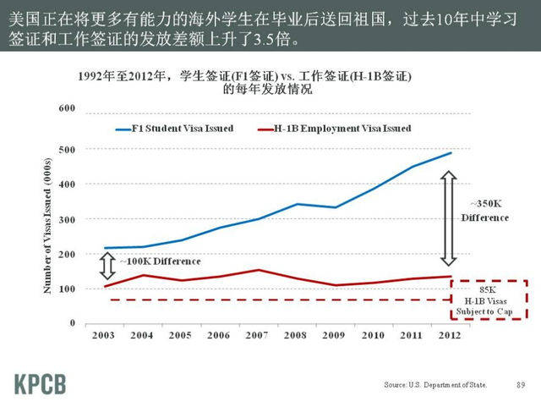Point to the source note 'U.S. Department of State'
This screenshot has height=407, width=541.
pos(435,385)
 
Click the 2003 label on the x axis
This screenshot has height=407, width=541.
pos(103,336)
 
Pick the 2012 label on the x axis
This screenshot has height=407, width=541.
pos(450,336)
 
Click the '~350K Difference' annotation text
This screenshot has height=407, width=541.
pos(485,211)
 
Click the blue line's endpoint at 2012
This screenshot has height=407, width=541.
pos(451,153)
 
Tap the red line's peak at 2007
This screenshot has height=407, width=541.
pos(258,270)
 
